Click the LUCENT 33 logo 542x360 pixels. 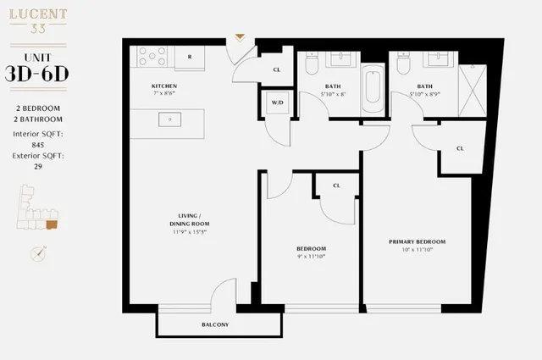click(37, 21)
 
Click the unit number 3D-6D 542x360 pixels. click(37, 72)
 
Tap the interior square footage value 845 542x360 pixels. click(37, 145)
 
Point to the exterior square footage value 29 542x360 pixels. click(37, 166)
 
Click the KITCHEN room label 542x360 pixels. click(163, 86)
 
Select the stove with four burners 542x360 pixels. click(152, 56)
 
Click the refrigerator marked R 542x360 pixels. click(190, 56)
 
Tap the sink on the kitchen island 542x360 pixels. click(170, 120)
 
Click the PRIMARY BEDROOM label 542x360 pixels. click(417, 241)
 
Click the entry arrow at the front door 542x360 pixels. click(241, 37)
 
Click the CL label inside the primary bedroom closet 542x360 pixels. click(460, 148)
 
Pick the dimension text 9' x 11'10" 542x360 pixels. click(311, 257)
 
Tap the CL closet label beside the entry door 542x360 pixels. click(277, 69)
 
